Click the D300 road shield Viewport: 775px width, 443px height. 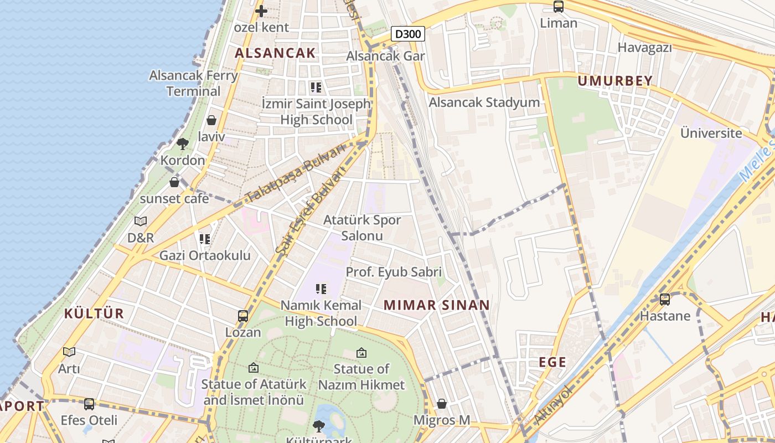pyautogui.click(x=409, y=34)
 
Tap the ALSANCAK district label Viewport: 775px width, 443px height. pyautogui.click(x=275, y=53)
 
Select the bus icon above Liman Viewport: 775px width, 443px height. pyautogui.click(x=559, y=7)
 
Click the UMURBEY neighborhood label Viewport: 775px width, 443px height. pyautogui.click(x=615, y=81)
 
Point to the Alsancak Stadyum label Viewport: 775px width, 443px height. pyautogui.click(x=484, y=102)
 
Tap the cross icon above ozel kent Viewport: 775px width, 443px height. pyautogui.click(x=261, y=11)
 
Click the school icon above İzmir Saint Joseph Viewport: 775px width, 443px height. pyautogui.click(x=316, y=87)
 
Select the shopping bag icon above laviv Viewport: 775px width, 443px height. pyautogui.click(x=211, y=120)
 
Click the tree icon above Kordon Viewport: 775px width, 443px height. pyautogui.click(x=182, y=144)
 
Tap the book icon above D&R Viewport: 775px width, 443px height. pyautogui.click(x=141, y=221)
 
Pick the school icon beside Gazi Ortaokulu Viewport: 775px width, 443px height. pyautogui.click(x=205, y=239)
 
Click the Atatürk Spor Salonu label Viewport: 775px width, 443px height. pyautogui.click(x=362, y=228)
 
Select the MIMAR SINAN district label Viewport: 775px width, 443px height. pyautogui.click(x=436, y=305)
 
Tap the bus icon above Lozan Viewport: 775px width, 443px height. pyautogui.click(x=242, y=316)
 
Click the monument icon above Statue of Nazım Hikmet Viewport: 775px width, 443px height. pyautogui.click(x=361, y=352)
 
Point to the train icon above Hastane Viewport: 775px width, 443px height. pyautogui.click(x=665, y=300)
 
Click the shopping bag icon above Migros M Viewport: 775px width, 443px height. pyautogui.click(x=441, y=404)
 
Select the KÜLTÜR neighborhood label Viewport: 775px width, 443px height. pyautogui.click(x=94, y=313)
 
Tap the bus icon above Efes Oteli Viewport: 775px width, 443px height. pyautogui.click(x=89, y=404)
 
